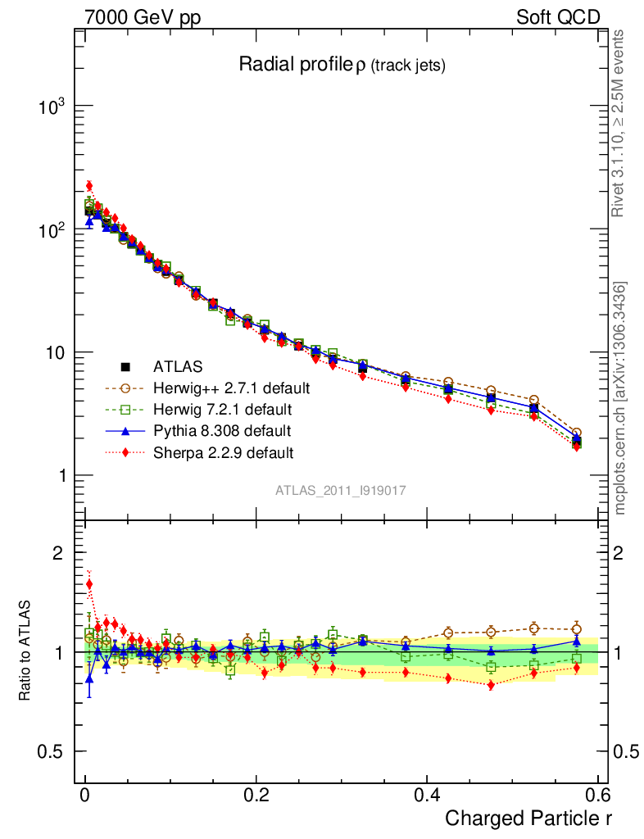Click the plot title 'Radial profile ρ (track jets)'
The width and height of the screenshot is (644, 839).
pyautogui.click(x=342, y=66)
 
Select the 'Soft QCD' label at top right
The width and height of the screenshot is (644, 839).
pyautogui.click(x=558, y=17)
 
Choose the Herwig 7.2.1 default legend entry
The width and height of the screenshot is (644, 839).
pyautogui.click(x=221, y=409)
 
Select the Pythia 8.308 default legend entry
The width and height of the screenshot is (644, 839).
pyautogui.click(x=221, y=430)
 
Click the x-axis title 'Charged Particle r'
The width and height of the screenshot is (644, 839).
pyautogui.click(x=528, y=818)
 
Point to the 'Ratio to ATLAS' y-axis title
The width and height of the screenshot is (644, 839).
pyautogui.click(x=25, y=652)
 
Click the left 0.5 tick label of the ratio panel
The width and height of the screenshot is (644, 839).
pyautogui.click(x=51, y=752)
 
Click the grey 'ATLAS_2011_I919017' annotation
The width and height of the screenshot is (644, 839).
pyautogui.click(x=341, y=490)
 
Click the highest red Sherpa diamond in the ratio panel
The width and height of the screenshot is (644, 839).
pyautogui.click(x=89, y=584)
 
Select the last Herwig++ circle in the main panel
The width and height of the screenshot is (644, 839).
pyautogui.click(x=577, y=433)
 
